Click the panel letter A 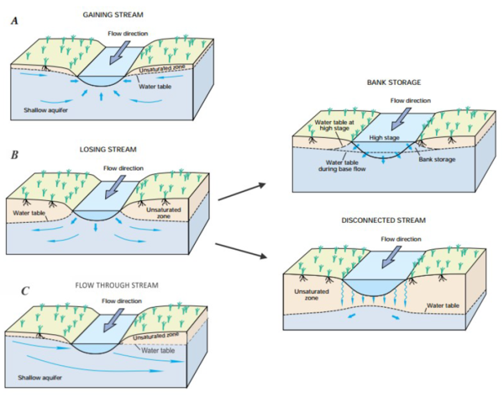[13, 22]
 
